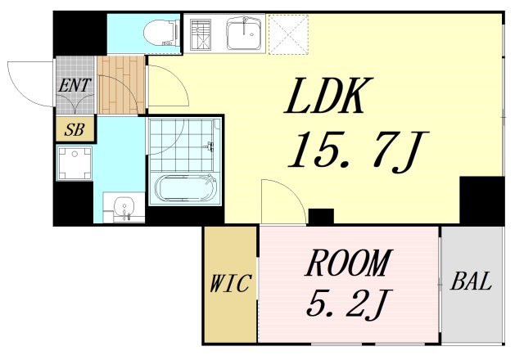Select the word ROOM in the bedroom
(x=348, y=263)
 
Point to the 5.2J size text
(x=348, y=304)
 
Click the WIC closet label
(x=230, y=283)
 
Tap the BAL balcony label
(x=472, y=281)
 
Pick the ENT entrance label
(x=75, y=85)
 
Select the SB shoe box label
(x=75, y=129)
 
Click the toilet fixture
(x=160, y=33)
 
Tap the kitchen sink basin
(x=245, y=34)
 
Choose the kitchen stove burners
(x=201, y=34)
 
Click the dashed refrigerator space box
(x=288, y=34)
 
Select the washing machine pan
(x=75, y=163)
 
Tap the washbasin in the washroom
(x=124, y=206)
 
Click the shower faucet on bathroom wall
(x=210, y=146)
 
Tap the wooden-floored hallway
(x=121, y=85)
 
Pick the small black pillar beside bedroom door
(x=321, y=216)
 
